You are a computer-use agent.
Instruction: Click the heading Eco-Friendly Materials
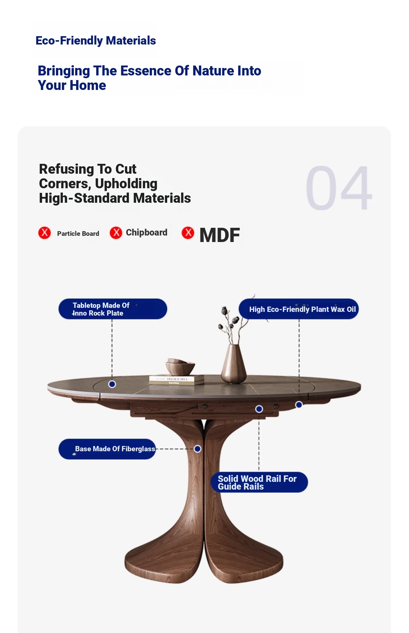pyautogui.click(x=96, y=40)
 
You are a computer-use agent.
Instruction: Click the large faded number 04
pyautogui.click(x=339, y=188)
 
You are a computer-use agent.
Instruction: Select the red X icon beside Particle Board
pyautogui.click(x=45, y=233)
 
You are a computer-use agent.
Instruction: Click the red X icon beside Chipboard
pyautogui.click(x=116, y=233)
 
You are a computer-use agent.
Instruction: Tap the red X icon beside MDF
pyautogui.click(x=188, y=233)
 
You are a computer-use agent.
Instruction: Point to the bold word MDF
pyautogui.click(x=220, y=235)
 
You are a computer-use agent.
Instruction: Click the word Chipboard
pyautogui.click(x=147, y=232)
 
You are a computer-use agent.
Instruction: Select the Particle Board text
pyautogui.click(x=78, y=234)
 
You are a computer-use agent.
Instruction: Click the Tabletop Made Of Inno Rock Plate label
pyautogui.click(x=113, y=309)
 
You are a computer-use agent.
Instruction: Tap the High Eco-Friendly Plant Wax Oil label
pyautogui.click(x=299, y=309)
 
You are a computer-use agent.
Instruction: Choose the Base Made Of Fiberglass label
pyautogui.click(x=107, y=449)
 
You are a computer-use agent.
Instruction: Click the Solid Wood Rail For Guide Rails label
pyautogui.click(x=259, y=482)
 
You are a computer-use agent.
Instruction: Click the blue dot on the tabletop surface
pyautogui.click(x=112, y=384)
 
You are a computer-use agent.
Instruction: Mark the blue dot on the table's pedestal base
pyautogui.click(x=197, y=449)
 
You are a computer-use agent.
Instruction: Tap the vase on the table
pyautogui.click(x=234, y=363)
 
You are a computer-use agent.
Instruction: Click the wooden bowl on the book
pyautogui.click(x=180, y=367)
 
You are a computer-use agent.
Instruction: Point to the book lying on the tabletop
pyautogui.click(x=177, y=380)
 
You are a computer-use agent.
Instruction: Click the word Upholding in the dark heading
pyautogui.click(x=126, y=184)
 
